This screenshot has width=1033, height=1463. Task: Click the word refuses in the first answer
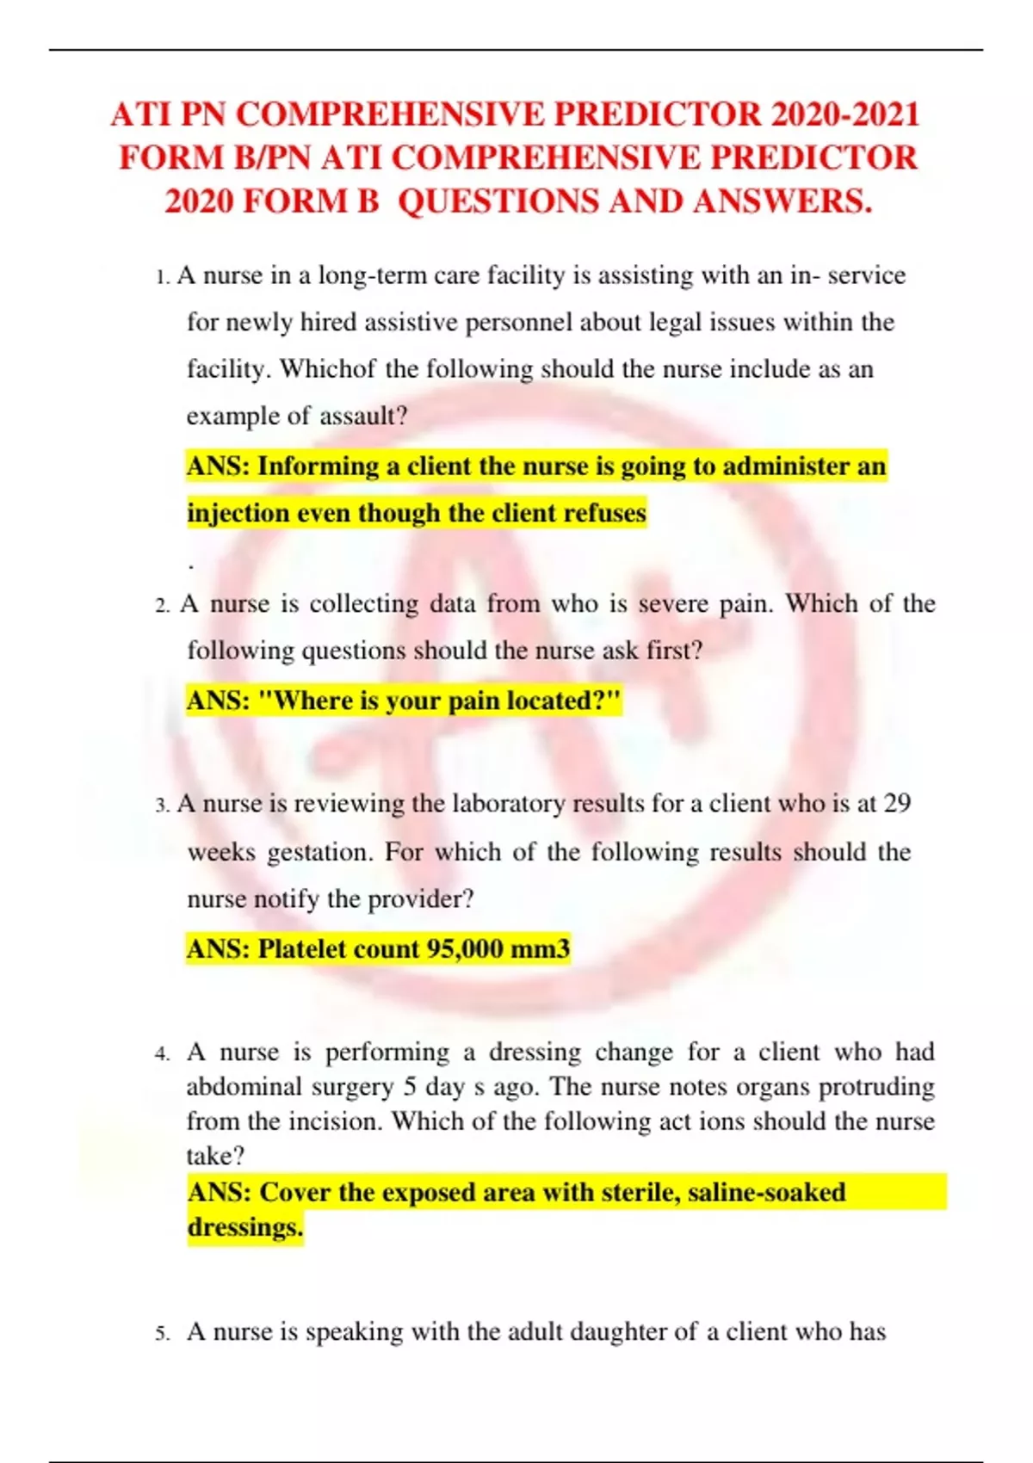[603, 513]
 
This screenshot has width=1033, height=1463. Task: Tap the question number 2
[162, 606]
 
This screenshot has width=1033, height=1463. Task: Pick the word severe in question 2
[673, 604]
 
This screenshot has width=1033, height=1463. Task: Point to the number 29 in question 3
[897, 804]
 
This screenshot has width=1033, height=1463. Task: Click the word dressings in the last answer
[244, 1227]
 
